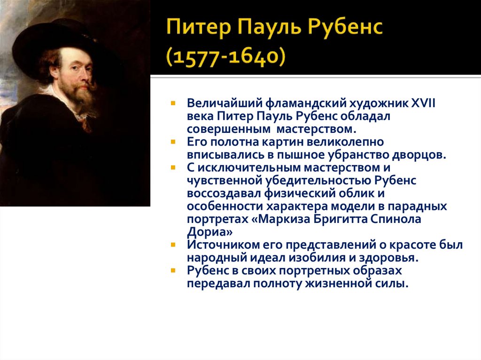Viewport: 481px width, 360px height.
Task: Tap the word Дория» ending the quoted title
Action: [209, 232]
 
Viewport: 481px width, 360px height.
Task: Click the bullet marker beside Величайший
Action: [173, 102]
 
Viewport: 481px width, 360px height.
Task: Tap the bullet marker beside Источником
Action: [173, 245]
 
